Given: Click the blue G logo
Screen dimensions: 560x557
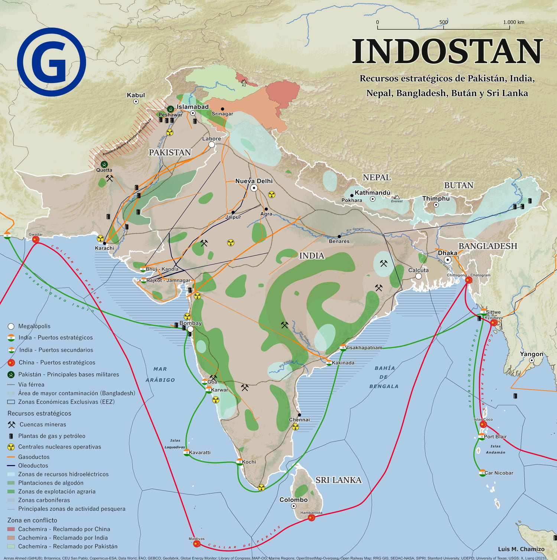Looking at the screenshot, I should (52, 62).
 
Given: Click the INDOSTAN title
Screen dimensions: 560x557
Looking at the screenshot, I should (447, 52).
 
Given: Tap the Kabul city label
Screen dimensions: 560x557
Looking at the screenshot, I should (136, 95).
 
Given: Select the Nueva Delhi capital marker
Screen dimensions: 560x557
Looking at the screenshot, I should (254, 188).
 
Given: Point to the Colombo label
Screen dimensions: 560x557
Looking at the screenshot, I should (293, 500).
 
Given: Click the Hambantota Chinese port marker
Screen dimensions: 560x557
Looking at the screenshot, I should (312, 518).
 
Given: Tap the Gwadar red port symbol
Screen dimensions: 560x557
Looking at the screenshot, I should (36, 240).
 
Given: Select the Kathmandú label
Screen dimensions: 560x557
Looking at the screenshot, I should (372, 193).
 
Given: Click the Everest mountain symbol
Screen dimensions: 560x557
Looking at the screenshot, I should (397, 197).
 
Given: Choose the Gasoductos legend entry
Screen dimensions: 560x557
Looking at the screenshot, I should (34, 457).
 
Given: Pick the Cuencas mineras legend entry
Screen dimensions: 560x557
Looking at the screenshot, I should (43, 425).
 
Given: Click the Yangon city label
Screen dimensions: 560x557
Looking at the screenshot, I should (531, 354).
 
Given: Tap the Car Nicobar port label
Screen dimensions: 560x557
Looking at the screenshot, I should (499, 473).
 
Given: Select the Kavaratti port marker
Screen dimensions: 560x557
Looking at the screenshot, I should (187, 452).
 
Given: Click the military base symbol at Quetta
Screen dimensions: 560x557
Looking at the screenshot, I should (104, 164).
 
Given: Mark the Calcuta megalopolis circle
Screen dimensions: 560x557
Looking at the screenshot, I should (418, 276).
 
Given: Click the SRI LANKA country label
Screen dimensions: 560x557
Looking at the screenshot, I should (338, 480).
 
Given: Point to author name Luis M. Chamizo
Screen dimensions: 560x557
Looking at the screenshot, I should (521, 549).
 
